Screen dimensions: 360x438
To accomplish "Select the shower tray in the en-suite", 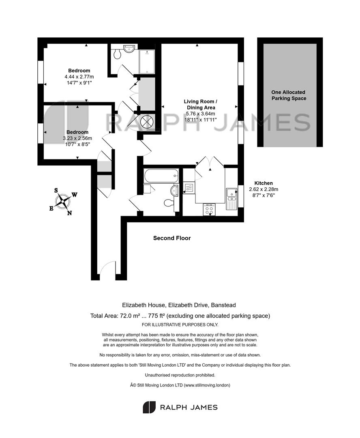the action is click(x=147, y=62).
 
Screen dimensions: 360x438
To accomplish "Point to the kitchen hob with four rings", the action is click(x=210, y=210).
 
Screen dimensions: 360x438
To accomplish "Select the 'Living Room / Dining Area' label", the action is click(x=201, y=105).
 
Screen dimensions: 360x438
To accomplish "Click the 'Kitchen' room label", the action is click(x=264, y=183).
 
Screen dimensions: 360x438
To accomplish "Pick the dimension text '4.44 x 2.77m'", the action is click(x=79, y=77).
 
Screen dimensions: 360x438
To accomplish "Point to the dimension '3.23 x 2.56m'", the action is click(x=77, y=138).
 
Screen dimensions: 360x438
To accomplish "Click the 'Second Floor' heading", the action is click(x=172, y=238).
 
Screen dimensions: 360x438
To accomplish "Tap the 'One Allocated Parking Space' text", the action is click(x=289, y=95).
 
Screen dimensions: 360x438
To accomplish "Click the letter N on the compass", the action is click(x=70, y=213).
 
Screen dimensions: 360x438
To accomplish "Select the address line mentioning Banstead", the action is click(x=179, y=305).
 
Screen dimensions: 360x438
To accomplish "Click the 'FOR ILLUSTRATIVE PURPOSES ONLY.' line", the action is click(x=180, y=324).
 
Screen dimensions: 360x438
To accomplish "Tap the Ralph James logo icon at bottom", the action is click(x=149, y=407).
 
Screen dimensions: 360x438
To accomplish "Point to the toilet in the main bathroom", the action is click(x=168, y=202).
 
